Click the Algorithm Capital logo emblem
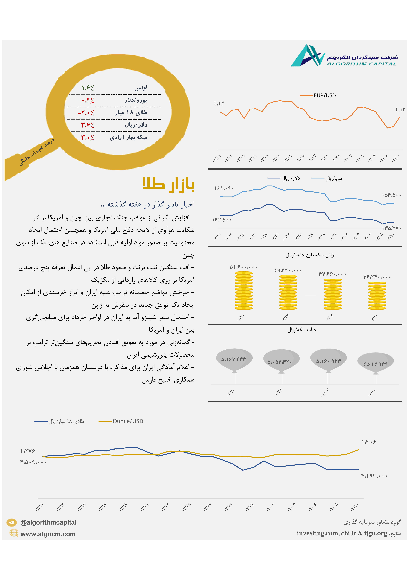point(308,56)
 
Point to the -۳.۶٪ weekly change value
point(86,125)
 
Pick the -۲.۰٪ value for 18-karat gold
point(86,113)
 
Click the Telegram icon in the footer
point(12,522)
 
